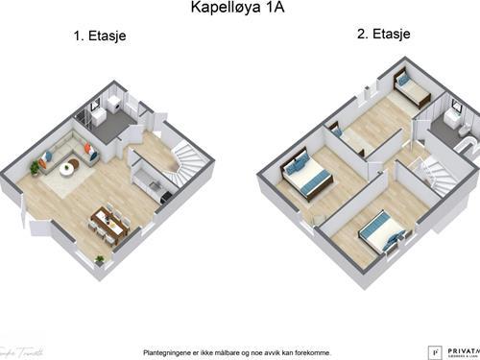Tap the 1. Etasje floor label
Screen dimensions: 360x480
tap(101, 36)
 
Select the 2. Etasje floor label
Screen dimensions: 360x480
tap(384, 34)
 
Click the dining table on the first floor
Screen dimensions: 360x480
tap(110, 222)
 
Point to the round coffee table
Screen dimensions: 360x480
tap(68, 169)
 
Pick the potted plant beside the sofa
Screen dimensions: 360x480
tap(36, 167)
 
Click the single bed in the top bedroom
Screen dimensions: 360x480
tap(414, 93)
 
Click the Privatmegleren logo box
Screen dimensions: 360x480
tap(432, 351)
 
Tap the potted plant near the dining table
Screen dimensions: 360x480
tap(99, 258)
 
